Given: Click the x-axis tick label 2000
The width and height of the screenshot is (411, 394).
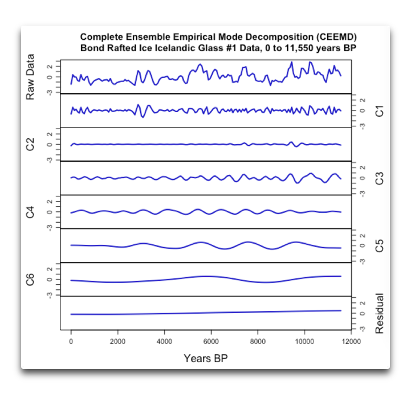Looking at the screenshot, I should [x=117, y=342].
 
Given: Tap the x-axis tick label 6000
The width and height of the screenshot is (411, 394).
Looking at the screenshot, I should [x=211, y=342].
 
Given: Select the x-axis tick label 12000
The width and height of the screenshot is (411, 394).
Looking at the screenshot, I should [x=351, y=342].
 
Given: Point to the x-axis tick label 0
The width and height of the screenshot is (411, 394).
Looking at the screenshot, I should [x=71, y=342].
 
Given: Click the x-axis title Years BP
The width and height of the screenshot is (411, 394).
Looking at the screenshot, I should [x=205, y=359].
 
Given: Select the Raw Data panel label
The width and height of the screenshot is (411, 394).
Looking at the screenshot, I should [x=31, y=77].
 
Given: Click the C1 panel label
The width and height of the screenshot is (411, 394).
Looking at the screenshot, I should [x=380, y=110].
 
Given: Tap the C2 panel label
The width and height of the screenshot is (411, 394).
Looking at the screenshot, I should [x=31, y=145].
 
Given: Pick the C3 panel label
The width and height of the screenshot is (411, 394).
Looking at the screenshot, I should [x=380, y=178].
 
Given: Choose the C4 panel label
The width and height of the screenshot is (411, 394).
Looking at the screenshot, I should [x=31, y=212].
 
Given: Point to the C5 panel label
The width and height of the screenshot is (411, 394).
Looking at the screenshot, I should [x=380, y=245].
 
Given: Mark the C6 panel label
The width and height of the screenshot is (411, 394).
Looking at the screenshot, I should [x=31, y=280].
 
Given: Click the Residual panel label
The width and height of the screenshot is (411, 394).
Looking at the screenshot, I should [x=380, y=313].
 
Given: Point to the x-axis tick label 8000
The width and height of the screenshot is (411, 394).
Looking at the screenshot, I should [x=258, y=342].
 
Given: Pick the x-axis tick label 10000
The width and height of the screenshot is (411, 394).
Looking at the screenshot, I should [x=304, y=342].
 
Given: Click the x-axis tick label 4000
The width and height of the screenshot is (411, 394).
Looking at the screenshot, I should [x=164, y=342].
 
